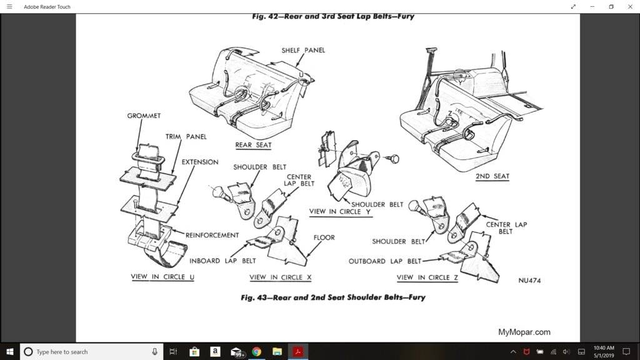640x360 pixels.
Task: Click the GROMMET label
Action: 144,116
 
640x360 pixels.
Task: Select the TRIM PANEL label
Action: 186,136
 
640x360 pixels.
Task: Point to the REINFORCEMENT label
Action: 212,235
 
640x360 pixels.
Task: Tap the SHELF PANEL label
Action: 303,51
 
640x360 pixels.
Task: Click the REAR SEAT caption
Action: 253,145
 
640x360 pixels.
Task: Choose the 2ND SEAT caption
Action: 492,176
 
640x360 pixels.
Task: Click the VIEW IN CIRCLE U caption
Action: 162,277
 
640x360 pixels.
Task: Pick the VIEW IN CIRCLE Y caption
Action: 340,212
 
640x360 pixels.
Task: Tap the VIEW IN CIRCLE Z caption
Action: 427,277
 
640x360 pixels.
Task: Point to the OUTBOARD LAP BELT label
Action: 384,261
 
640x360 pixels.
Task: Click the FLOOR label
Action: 324,237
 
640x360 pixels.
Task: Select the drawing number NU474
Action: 529,281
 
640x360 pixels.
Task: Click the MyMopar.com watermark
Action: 524,332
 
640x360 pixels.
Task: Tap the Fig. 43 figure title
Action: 332,297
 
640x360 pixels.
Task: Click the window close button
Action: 629,7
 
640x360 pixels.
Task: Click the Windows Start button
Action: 10,352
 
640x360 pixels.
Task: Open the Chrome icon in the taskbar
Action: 256,352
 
